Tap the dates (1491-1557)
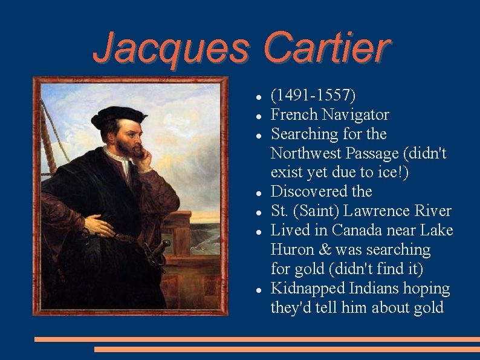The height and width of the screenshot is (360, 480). click(x=313, y=95)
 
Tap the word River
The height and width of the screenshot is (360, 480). click(x=432, y=211)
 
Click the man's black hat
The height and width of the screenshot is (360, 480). click(x=118, y=116)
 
